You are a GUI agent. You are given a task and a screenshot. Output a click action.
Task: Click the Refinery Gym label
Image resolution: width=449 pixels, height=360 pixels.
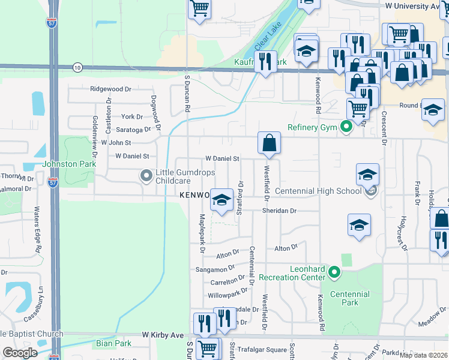(x=313, y=127)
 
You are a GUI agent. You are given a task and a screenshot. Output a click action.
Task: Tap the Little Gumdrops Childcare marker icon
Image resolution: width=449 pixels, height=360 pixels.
(x=145, y=176)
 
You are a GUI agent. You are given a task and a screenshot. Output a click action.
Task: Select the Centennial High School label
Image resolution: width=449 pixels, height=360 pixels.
(x=318, y=191)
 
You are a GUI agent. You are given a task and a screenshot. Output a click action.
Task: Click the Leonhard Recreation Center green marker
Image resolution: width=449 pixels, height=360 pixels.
(x=335, y=274)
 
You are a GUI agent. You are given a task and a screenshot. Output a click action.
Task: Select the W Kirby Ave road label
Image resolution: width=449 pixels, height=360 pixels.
(x=161, y=334)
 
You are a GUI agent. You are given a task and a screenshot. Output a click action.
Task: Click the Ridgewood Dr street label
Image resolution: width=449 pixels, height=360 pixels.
(x=110, y=89)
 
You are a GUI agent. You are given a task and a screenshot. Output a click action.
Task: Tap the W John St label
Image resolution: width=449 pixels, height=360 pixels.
(x=116, y=143)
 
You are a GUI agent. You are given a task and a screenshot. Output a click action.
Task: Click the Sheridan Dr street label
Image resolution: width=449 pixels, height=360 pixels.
(x=279, y=211)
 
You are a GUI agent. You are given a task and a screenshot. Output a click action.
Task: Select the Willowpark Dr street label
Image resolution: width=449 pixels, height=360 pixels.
(x=227, y=295)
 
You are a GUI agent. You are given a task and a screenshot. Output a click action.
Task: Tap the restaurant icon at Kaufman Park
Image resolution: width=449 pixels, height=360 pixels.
(x=265, y=61)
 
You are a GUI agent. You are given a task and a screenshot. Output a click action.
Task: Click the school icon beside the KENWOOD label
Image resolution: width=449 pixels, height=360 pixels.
(x=221, y=200)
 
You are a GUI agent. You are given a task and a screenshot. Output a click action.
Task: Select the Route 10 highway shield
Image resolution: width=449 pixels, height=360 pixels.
(x=77, y=67)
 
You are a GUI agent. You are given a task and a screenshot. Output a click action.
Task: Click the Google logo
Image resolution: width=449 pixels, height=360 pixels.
(x=20, y=353)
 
